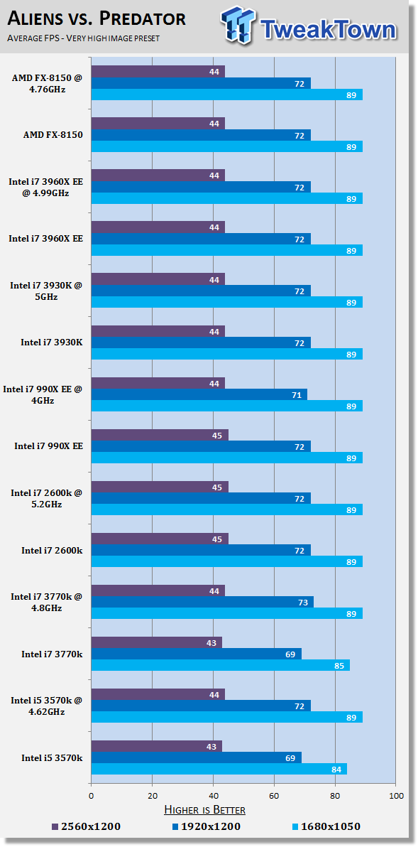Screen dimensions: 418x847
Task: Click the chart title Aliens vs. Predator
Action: pyautogui.click(x=96, y=19)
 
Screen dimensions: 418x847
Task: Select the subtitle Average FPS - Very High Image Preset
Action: pyautogui.click(x=83, y=38)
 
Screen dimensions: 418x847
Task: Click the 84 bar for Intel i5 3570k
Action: pyautogui.click(x=219, y=769)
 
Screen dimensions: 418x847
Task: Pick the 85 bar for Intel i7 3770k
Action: pyautogui.click(x=221, y=665)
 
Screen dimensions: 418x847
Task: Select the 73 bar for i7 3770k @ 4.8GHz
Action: pyautogui.click(x=202, y=602)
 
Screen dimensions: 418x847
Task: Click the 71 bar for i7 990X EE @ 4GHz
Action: pyautogui.click(x=199, y=394)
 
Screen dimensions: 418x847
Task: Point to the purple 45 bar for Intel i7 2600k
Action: pyautogui.click(x=160, y=539)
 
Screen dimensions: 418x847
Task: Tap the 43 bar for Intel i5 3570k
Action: pyautogui.click(x=156, y=746)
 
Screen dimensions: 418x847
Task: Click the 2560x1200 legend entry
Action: pyautogui.click(x=87, y=826)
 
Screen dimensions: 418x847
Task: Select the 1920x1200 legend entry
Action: pyautogui.click(x=207, y=826)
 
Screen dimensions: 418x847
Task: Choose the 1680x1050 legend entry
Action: pyautogui.click(x=326, y=826)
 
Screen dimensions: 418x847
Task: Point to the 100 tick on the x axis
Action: pyautogui.click(x=396, y=797)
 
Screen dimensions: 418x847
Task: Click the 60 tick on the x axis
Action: pyautogui.click(x=274, y=797)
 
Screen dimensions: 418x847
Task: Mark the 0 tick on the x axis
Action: pyautogui.click(x=91, y=797)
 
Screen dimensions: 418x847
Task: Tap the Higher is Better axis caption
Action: pyautogui.click(x=204, y=810)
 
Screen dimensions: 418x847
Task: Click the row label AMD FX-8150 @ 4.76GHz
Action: pyautogui.click(x=47, y=83)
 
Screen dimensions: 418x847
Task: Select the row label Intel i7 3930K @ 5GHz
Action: pyautogui.click(x=45, y=291)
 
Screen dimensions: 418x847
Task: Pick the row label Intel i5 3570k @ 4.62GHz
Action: pyautogui.click(x=46, y=706)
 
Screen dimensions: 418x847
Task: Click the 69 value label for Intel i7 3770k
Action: pyautogui.click(x=290, y=654)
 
